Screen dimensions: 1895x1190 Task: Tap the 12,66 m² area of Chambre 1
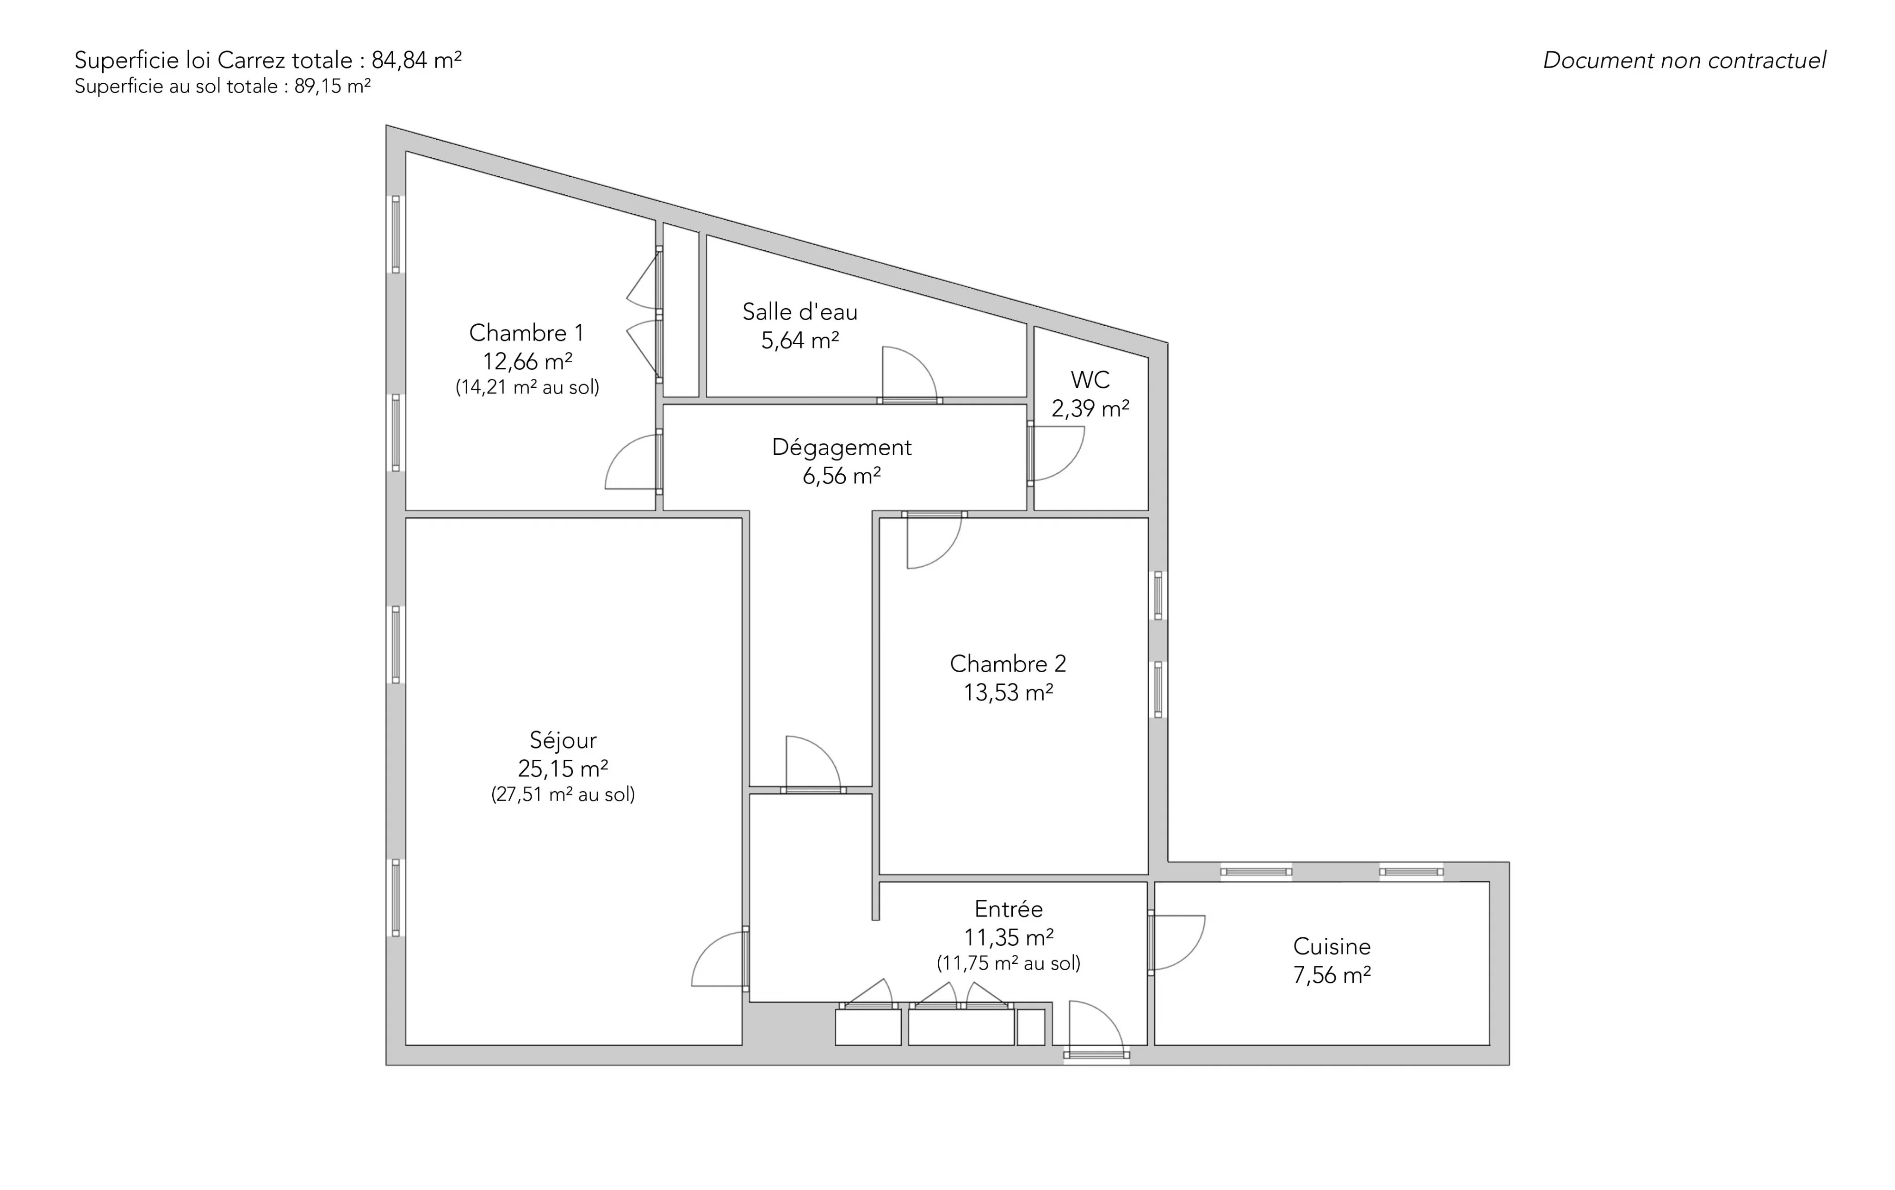click(x=527, y=361)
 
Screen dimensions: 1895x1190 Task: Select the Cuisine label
click(x=1331, y=946)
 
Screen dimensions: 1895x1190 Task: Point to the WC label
click(x=1090, y=380)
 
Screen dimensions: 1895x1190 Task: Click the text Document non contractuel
click(x=1684, y=61)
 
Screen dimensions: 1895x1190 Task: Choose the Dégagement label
click(x=841, y=447)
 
